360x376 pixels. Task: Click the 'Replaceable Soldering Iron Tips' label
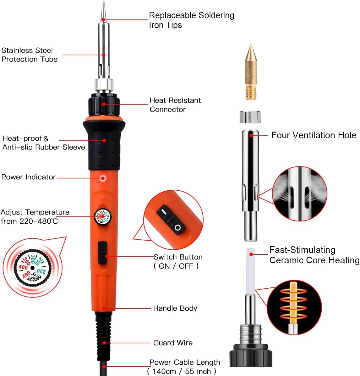pyautogui.click(x=192, y=20)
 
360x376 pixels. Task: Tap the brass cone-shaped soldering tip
pyautogui.click(x=251, y=72)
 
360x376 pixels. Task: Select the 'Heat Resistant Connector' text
pyautogui.click(x=175, y=105)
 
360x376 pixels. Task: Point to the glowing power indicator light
pyautogui.click(x=103, y=178)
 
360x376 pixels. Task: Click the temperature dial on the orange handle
pyautogui.click(x=102, y=216)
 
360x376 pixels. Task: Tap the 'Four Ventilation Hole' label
pyautogui.click(x=314, y=135)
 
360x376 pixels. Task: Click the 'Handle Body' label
pyautogui.click(x=175, y=308)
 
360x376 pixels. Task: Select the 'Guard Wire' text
pyautogui.click(x=173, y=343)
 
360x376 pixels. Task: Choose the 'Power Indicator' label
pyautogui.click(x=29, y=177)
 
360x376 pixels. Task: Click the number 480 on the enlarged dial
pyautogui.click(x=26, y=275)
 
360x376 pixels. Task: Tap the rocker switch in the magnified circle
pyautogui.click(x=171, y=220)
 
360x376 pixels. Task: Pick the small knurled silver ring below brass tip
pyautogui.click(x=250, y=117)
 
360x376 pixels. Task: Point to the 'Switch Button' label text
pyautogui.click(x=178, y=257)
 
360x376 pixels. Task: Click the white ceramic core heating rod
pyautogui.click(x=251, y=271)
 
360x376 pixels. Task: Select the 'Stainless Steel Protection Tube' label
pyautogui.click(x=30, y=55)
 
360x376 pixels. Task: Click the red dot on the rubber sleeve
pyautogui.click(x=104, y=140)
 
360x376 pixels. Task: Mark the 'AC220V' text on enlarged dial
pyautogui.click(x=34, y=279)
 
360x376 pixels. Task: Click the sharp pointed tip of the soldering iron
pyautogui.click(x=104, y=2)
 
